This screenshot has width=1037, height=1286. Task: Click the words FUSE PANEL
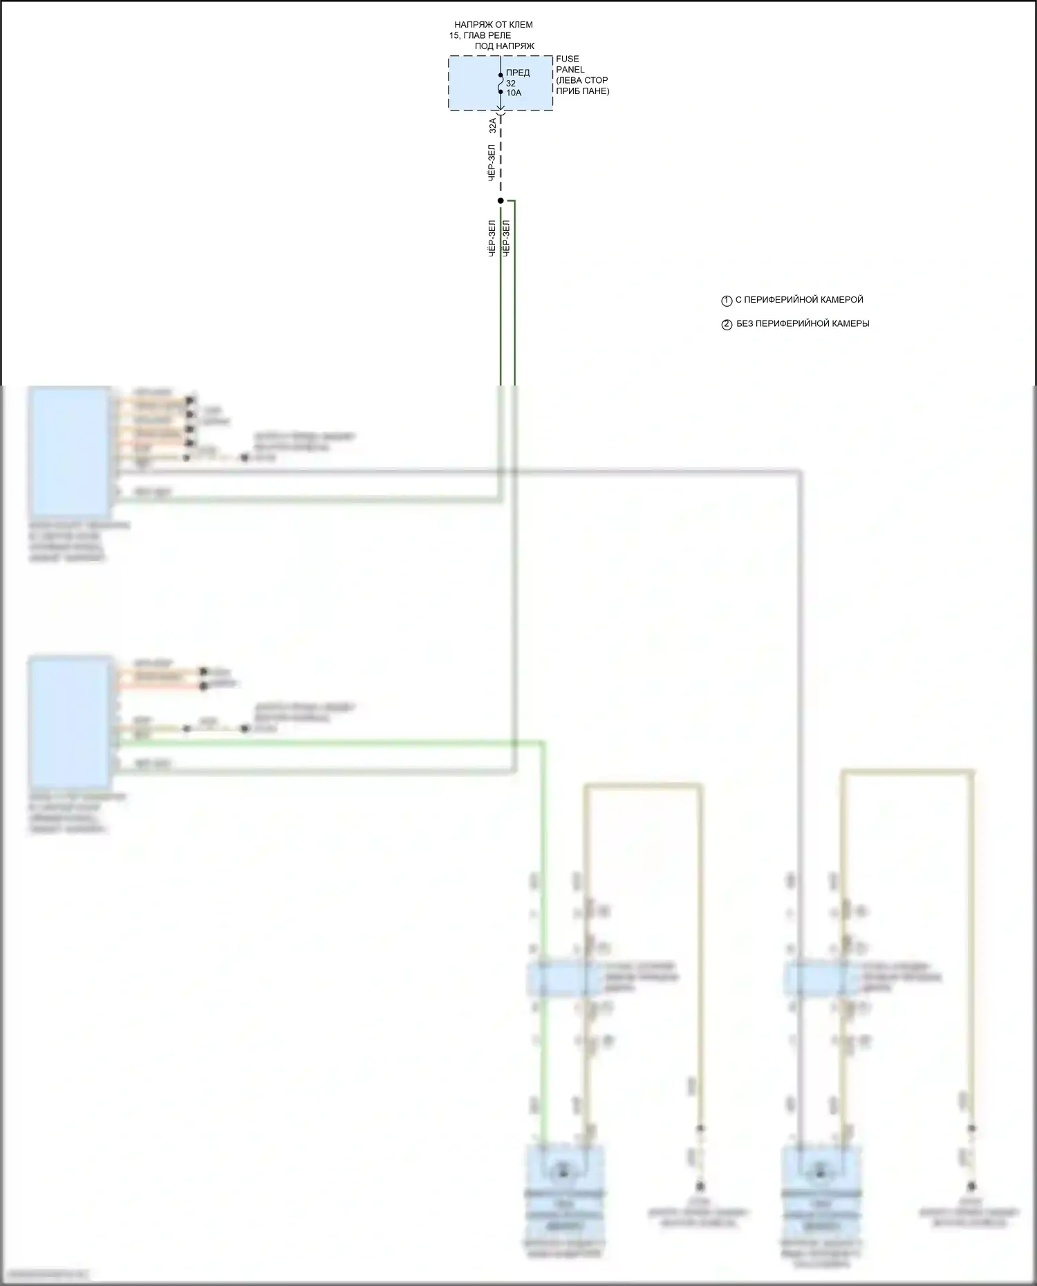point(570,64)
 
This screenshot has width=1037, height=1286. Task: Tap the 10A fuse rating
point(514,93)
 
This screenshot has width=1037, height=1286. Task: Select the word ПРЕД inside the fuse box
point(518,73)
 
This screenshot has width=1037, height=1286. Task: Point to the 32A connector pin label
point(492,125)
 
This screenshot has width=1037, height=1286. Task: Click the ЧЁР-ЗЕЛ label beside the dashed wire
point(491,163)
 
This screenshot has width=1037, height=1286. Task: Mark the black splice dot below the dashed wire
point(501,200)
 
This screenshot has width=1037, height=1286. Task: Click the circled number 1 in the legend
point(727,301)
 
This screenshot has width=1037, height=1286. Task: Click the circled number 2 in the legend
point(727,325)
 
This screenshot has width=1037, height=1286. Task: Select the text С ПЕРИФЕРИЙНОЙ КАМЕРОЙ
point(799,300)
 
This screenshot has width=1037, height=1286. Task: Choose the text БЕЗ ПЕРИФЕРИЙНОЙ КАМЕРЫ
point(803,323)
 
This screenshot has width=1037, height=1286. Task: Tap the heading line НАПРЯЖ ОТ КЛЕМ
point(493,25)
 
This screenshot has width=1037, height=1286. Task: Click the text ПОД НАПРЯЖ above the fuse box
point(504,46)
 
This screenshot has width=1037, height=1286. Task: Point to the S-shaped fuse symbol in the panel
point(501,83)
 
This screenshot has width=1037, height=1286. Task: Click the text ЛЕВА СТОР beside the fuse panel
point(582,80)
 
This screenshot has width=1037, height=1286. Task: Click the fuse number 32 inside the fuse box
point(511,84)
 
